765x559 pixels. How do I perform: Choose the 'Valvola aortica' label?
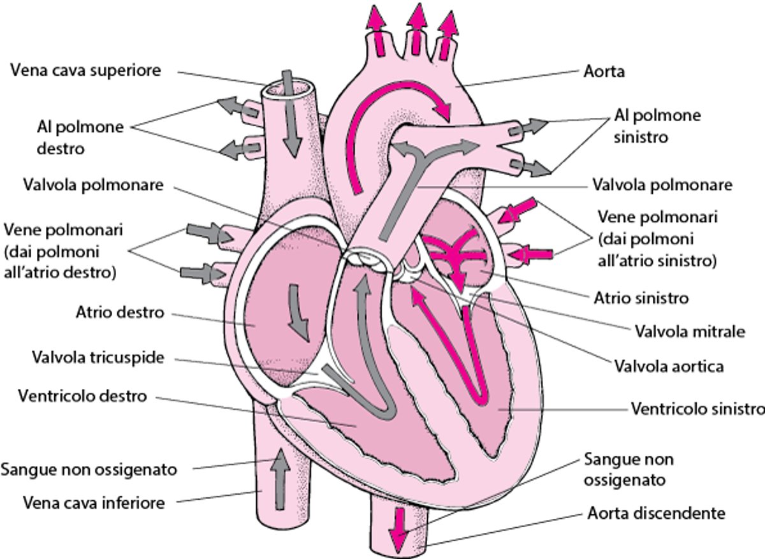pos(669,367)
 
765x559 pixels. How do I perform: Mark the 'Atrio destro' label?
pos(120,313)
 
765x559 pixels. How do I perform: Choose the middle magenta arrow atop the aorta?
pos(417,25)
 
